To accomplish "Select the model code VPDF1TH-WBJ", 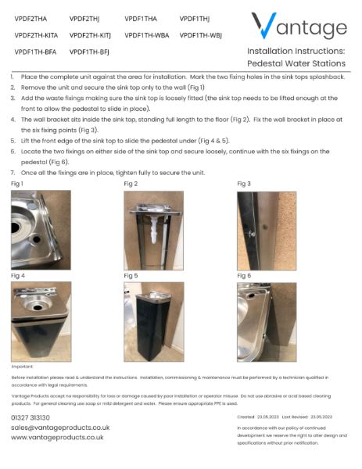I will pyautogui.click(x=201, y=35).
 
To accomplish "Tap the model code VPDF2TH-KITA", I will pyautogui.click(x=36, y=35).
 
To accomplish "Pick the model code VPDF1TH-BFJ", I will pyautogui.click(x=89, y=52).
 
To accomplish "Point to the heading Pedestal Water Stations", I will pyautogui.click(x=296, y=63).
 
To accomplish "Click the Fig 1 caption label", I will pyautogui.click(x=17, y=183).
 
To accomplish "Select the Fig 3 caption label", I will pyautogui.click(x=244, y=183).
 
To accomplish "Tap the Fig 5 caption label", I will pyautogui.click(x=131, y=275).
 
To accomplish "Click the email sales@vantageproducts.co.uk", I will pyautogui.click(x=60, y=428).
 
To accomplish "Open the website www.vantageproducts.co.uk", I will pyautogui.click(x=57, y=438).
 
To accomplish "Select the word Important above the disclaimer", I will pyautogui.click(x=23, y=366).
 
